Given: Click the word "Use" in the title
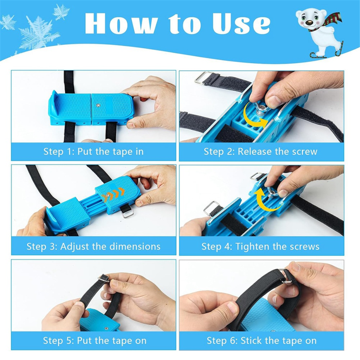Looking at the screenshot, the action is (x=241, y=23).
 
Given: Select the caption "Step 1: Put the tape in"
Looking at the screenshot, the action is (x=93, y=152).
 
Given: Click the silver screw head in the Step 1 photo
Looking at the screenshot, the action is (x=98, y=105).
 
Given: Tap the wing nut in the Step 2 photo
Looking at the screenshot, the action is (x=261, y=110).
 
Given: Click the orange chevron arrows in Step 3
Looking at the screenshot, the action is (x=114, y=195).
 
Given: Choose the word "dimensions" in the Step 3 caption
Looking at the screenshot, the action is (x=135, y=247).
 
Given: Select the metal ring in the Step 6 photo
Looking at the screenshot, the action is (x=286, y=277).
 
